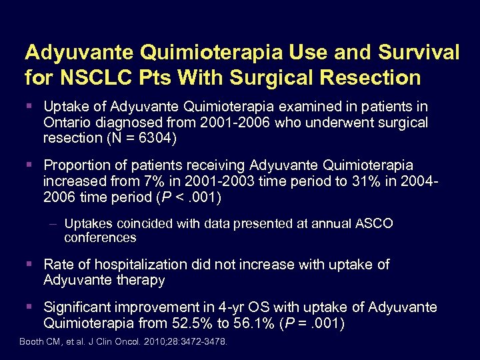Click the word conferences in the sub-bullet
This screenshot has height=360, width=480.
[100, 238]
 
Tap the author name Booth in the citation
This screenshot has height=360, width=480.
[31, 341]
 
